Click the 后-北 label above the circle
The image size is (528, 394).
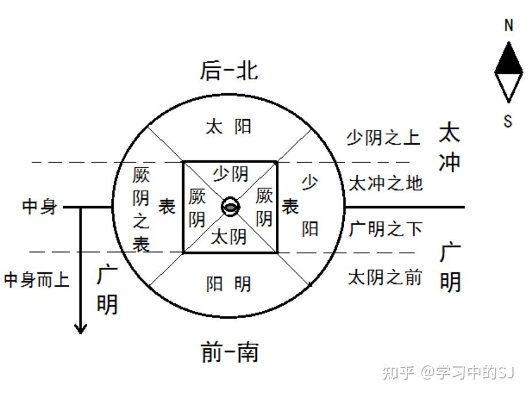[x=229, y=71]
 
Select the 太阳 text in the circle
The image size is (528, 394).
[x=229, y=126]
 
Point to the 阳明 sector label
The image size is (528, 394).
[x=229, y=284]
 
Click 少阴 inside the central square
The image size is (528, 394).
[x=230, y=172]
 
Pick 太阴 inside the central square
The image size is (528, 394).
[x=229, y=237]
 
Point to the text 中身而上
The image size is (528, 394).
[x=37, y=280]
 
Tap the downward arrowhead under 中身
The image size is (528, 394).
[x=80, y=328]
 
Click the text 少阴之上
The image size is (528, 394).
[x=383, y=138]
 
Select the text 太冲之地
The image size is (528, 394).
[x=386, y=183]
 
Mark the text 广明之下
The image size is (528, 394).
[x=386, y=229]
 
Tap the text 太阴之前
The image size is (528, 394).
[x=385, y=277]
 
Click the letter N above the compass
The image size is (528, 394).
[x=508, y=26]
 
